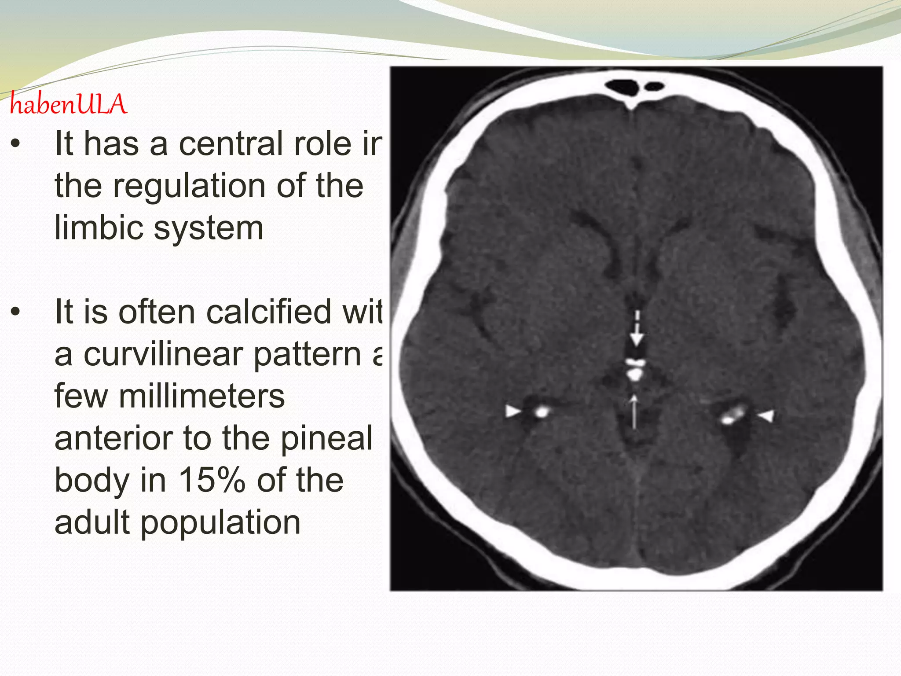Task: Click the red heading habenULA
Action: (68, 105)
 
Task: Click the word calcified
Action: (269, 312)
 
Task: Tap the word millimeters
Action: (201, 396)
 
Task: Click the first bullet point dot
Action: (16, 144)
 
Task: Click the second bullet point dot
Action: (16, 312)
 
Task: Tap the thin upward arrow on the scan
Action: (634, 411)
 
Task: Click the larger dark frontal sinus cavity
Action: (621, 87)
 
